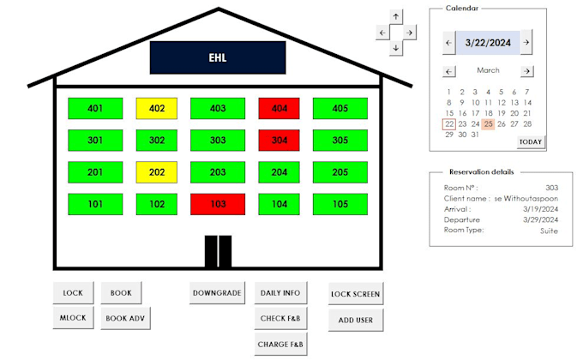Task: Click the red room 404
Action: [279, 108]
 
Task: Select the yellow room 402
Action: [157, 108]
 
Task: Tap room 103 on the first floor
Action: [218, 204]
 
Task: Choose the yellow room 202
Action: [157, 172]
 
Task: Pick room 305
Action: [340, 140]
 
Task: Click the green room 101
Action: [95, 204]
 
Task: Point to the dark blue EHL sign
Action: [217, 58]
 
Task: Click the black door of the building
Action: [218, 252]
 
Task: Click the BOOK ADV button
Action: [126, 319]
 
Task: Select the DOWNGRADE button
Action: [217, 293]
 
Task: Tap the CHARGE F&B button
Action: [279, 345]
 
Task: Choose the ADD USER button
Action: [356, 320]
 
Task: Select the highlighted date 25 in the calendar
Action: [488, 124]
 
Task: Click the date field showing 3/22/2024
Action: [487, 42]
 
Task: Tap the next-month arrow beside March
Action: [526, 71]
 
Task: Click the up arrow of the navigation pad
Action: [395, 17]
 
